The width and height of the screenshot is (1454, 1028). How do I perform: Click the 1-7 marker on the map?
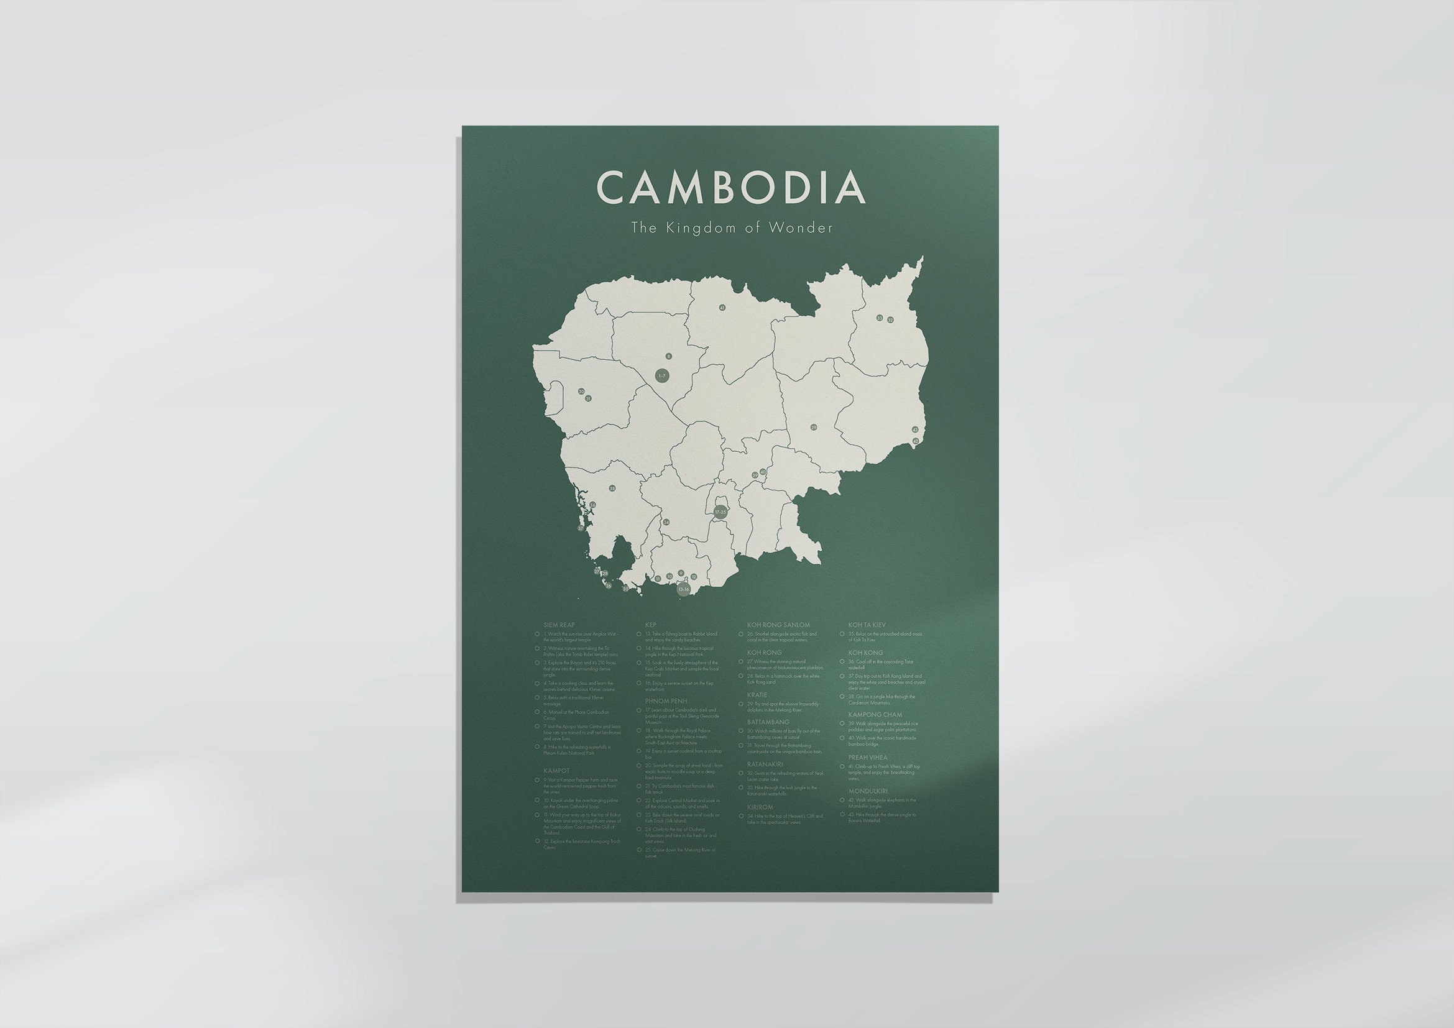coord(662,376)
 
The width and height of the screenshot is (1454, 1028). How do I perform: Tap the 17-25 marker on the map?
coord(720,512)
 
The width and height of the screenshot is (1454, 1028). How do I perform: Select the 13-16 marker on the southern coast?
coord(683,589)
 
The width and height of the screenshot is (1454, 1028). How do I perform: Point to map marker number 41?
coord(722,308)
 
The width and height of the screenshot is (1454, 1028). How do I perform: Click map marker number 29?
coord(814,427)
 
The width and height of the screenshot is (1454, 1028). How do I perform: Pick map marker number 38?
coord(612,489)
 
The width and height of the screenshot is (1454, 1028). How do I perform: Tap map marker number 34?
coord(666,522)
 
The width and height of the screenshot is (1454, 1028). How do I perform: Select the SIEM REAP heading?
coord(559,625)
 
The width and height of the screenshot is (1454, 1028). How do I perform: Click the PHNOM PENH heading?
coord(666,701)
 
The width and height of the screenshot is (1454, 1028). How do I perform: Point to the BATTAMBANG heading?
coord(768,722)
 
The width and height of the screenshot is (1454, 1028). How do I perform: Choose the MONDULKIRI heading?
coord(868,791)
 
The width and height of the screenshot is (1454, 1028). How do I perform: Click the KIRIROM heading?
coord(760,807)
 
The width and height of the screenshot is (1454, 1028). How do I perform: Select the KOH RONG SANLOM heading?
coord(778,625)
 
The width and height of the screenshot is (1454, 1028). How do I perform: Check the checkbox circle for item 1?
coord(537,633)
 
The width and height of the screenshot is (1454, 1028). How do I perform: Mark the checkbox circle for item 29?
coord(741,704)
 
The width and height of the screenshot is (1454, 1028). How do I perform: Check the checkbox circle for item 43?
coord(842,815)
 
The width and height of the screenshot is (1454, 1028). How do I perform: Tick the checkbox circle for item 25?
coord(639,850)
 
